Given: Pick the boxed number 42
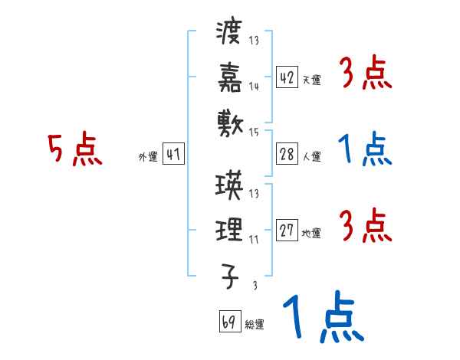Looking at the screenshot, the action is pyautogui.click(x=287, y=77).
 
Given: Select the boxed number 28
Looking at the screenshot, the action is pyautogui.click(x=287, y=155).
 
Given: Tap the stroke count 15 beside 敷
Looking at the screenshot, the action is pyautogui.click(x=254, y=132).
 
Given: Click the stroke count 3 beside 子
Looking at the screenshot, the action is pyautogui.click(x=254, y=285).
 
